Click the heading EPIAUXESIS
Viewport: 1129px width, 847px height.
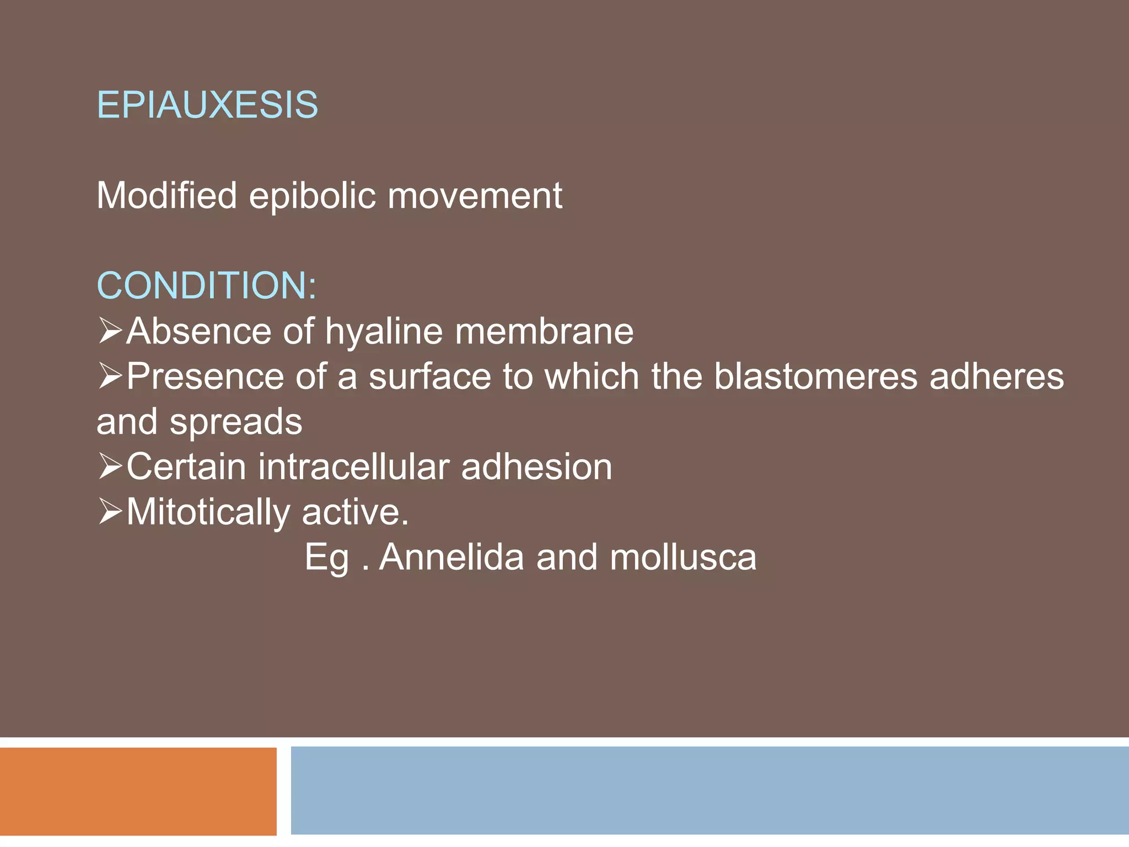pyautogui.click(x=207, y=105)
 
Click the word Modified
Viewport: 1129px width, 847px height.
pyautogui.click(x=166, y=195)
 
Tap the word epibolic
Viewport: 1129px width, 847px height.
pyautogui.click(x=313, y=196)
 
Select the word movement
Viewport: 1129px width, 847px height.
pyautogui.click(x=475, y=196)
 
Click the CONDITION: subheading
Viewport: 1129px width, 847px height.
pyautogui.click(x=207, y=286)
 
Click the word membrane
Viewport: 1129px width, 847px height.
pyautogui.click(x=544, y=332)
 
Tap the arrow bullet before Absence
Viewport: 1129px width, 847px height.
pyautogui.click(x=110, y=331)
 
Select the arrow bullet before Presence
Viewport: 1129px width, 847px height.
pyautogui.click(x=110, y=376)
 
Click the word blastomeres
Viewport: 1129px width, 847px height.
pyautogui.click(x=816, y=377)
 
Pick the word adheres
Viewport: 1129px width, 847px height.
pyautogui.click(x=997, y=377)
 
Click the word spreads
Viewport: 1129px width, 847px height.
pyautogui.click(x=236, y=422)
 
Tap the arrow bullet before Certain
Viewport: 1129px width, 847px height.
pyautogui.click(x=110, y=467)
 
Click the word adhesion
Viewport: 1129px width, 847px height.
pyautogui.click(x=536, y=467)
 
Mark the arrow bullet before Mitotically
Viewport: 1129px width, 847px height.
pyautogui.click(x=110, y=512)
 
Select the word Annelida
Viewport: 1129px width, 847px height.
pyautogui.click(x=451, y=557)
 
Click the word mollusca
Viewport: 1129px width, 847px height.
pyautogui.click(x=683, y=557)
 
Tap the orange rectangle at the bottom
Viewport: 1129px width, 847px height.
pyautogui.click(x=138, y=791)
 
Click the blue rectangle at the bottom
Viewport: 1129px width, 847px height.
pyautogui.click(x=709, y=791)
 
